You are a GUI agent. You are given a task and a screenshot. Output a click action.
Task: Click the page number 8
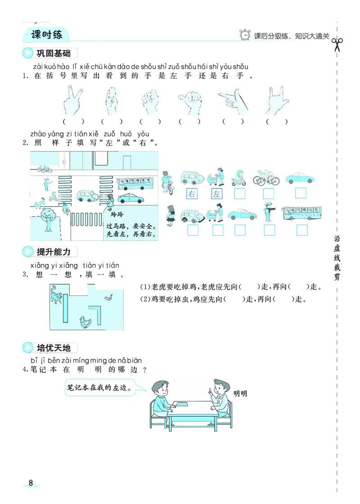click(31, 483)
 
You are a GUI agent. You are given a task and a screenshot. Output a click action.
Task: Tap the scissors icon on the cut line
click(337, 45)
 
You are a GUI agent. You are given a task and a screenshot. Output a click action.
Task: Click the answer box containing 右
click(192, 194)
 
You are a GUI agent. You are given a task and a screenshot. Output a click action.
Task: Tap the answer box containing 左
click(217, 194)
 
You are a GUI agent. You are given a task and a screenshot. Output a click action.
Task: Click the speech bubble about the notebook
click(101, 387)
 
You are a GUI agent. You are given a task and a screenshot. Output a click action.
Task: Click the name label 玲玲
click(116, 214)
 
